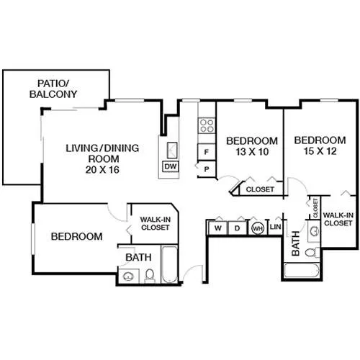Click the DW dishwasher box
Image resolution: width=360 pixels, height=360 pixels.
[171, 166]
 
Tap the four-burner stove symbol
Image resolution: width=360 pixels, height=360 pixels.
[207, 126]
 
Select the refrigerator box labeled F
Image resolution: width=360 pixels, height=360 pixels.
[206, 152]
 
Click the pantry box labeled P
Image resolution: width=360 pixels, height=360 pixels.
[207, 169]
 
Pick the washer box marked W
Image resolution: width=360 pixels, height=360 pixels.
[218, 228]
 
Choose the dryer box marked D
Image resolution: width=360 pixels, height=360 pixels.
[237, 228]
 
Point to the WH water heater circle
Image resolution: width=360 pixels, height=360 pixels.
[258, 228]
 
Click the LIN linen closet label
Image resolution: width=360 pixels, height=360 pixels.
[275, 227]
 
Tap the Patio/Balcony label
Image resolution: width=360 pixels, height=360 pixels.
[53, 89]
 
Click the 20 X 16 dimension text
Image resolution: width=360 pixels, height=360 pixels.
[102, 170]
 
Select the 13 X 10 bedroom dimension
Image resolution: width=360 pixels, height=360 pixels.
[252, 152]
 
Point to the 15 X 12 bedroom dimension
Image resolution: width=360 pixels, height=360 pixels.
[320, 151]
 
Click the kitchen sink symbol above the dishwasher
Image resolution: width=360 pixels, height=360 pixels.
[172, 150]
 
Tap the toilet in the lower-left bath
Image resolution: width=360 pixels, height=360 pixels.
[150, 276]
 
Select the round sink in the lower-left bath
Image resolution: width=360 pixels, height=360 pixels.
[128, 276]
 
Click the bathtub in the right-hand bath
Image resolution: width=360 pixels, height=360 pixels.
[302, 271]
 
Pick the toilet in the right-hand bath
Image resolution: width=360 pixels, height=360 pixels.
[312, 253]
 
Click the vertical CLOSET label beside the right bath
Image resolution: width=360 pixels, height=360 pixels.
[315, 208]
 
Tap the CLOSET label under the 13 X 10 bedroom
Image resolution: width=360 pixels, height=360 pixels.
[260, 189]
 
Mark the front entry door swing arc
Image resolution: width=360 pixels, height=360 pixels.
[190, 270]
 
